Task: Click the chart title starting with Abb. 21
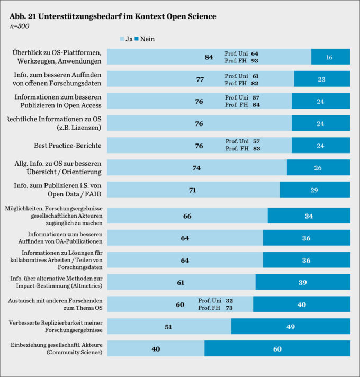tap(113, 16)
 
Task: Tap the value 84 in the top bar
tap(209, 57)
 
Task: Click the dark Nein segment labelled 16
tap(330, 57)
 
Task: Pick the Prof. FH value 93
tap(255, 61)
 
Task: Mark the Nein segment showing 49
tap(291, 327)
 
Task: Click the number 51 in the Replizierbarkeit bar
tap(168, 327)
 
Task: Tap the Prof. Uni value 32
tap(229, 301)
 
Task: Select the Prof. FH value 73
tap(229, 308)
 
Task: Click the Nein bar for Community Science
tap(277, 349)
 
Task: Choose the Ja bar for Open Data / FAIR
tap(193, 190)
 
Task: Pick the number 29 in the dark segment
tap(315, 190)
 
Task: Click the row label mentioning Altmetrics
tap(56, 282)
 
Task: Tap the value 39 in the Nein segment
tap(303, 283)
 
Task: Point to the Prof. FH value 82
tap(255, 83)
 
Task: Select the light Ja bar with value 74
tap(197, 167)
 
